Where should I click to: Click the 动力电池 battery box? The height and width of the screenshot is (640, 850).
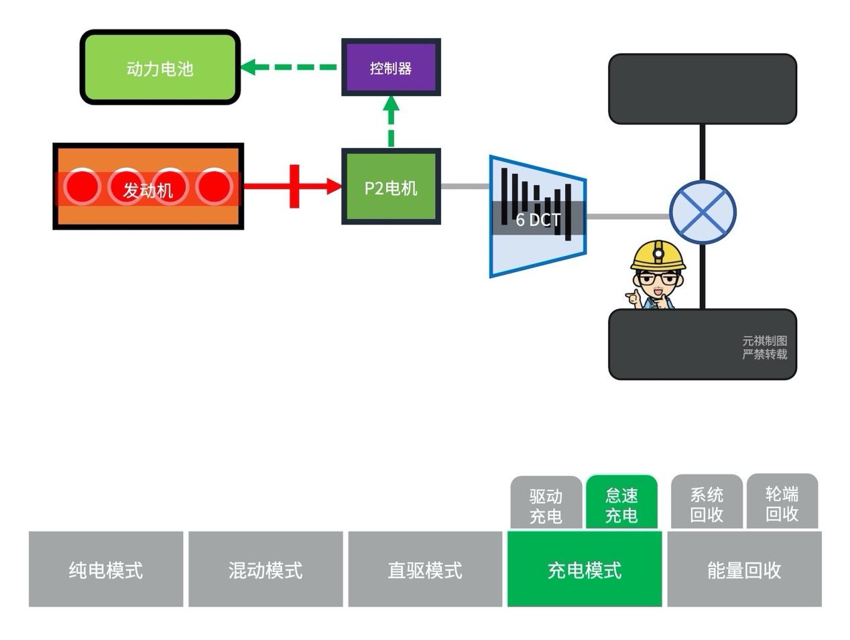[x=160, y=68]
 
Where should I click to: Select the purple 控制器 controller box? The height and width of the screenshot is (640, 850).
[x=391, y=68]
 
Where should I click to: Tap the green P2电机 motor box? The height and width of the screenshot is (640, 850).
[x=391, y=187]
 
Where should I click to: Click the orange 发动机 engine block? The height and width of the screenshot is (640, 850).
[x=147, y=187]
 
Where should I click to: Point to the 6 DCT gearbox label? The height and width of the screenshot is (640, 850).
[x=538, y=219]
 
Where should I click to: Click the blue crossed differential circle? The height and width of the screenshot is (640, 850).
[x=702, y=213]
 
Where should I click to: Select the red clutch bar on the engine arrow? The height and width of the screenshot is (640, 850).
[x=294, y=186]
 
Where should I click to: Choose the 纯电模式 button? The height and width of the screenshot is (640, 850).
[x=106, y=570]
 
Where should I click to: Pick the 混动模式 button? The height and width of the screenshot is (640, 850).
[x=265, y=570]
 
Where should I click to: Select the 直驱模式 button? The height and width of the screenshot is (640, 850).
[x=425, y=570]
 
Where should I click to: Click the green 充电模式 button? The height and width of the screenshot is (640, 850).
[x=585, y=570]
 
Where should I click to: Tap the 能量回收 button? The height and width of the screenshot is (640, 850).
[x=744, y=570]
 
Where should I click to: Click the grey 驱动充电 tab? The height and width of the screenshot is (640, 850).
[x=546, y=505]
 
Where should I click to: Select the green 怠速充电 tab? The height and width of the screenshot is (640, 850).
[x=621, y=505]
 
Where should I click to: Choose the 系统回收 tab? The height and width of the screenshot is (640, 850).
[x=707, y=504]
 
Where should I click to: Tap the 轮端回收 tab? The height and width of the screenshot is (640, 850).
[x=782, y=503]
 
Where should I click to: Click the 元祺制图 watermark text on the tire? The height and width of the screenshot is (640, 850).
[x=764, y=341]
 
